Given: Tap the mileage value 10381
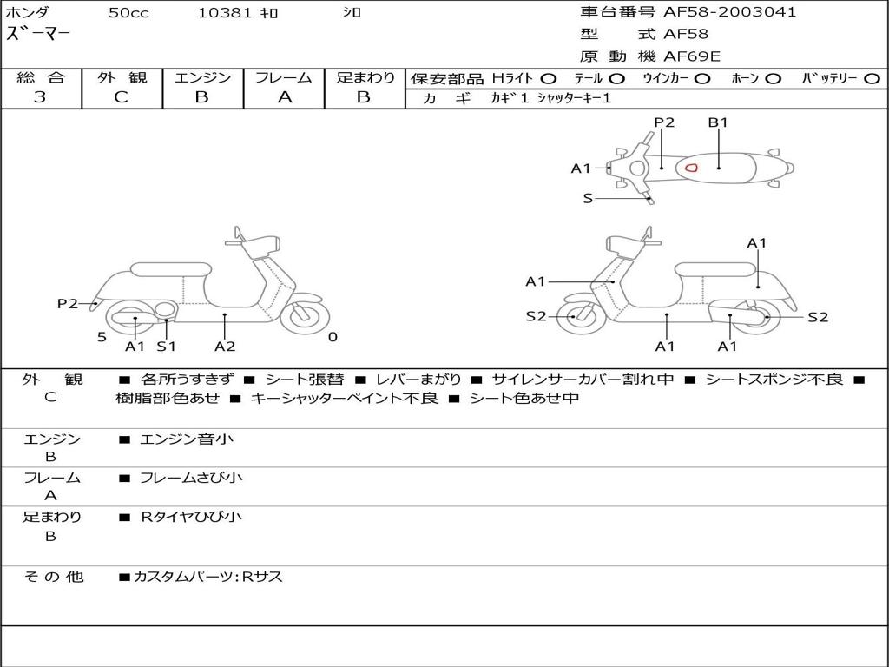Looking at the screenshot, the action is (x=225, y=13).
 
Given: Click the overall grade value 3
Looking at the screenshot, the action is (x=40, y=97).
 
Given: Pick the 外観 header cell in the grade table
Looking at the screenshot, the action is (x=122, y=77).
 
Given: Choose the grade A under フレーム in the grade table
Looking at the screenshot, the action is (x=284, y=97).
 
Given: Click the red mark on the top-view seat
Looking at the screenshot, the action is (x=691, y=167).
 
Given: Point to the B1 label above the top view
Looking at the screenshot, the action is (x=717, y=122).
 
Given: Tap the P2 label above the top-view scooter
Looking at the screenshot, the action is (x=664, y=122).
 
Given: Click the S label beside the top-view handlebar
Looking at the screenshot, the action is (x=588, y=198).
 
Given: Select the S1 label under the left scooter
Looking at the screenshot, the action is (x=166, y=347).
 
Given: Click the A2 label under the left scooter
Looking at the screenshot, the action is (x=225, y=347).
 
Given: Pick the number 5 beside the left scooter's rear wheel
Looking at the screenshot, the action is (x=102, y=337).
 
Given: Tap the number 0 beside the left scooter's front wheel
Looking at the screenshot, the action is (x=333, y=337).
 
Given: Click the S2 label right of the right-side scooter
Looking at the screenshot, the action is (x=818, y=317).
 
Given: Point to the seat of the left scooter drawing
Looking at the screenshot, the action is (x=169, y=269).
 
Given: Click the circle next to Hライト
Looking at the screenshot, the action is (x=550, y=78).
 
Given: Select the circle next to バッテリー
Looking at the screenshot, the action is (x=873, y=78).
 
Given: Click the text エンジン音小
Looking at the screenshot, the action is (x=187, y=439).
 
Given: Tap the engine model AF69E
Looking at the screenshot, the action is (x=692, y=56).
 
